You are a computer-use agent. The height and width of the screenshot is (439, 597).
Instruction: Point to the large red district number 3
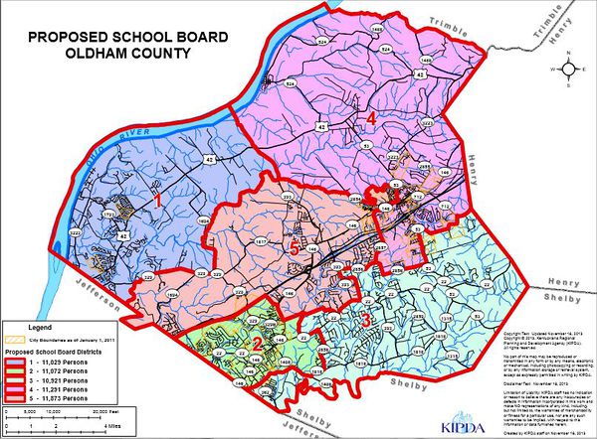365,320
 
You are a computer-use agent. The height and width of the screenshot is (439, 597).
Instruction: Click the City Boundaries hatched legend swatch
14,340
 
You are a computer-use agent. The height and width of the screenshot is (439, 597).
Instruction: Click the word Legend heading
40,327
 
